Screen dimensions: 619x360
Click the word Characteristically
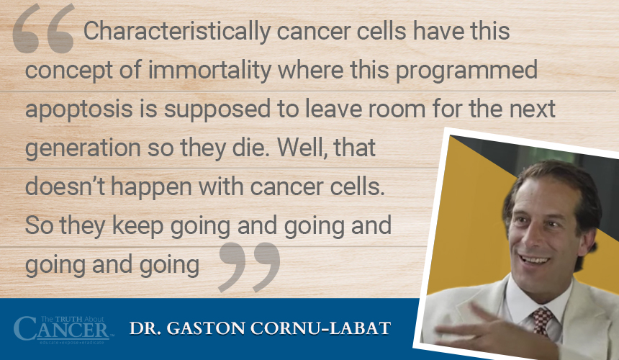pyautogui.click(x=177, y=31)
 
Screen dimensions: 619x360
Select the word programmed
pyautogui.click(x=466, y=71)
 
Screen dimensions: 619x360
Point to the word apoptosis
pyautogui.click(x=79, y=109)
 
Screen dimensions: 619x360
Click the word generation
pyautogui.click(x=83, y=148)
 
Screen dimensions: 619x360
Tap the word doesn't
pyautogui.click(x=65, y=186)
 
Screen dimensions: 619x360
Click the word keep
pyautogui.click(x=137, y=225)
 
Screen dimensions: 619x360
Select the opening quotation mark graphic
pyautogui.click(x=43, y=28)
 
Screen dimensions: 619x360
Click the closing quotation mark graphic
pyautogui.click(x=250, y=267)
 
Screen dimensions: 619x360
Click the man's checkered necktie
pyautogui.click(x=541, y=320)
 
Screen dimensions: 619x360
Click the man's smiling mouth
pyautogui.click(x=534, y=260)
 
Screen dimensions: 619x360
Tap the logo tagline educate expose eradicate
pyautogui.click(x=71, y=342)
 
